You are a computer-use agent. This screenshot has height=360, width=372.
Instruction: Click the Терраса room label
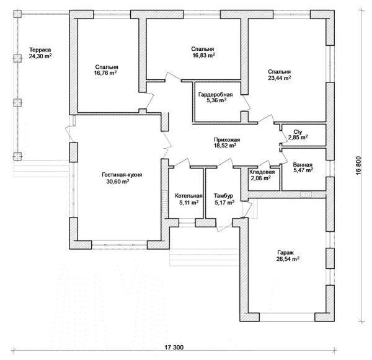40,49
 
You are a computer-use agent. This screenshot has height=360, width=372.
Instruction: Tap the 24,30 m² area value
40,56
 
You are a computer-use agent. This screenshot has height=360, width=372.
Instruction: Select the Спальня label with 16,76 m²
107,66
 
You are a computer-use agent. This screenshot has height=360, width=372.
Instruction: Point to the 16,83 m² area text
203,55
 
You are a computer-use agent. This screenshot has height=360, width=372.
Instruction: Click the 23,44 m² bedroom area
279,78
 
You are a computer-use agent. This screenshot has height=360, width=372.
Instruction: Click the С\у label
297,132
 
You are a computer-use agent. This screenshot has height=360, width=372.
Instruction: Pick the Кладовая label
262,172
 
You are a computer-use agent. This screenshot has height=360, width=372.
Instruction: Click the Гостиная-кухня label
122,175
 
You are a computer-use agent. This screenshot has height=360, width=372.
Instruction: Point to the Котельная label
186,196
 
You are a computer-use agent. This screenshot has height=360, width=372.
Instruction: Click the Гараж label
286,252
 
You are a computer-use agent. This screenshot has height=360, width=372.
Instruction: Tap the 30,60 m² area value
117,182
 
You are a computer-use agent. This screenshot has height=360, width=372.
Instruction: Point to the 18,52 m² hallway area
224,147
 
